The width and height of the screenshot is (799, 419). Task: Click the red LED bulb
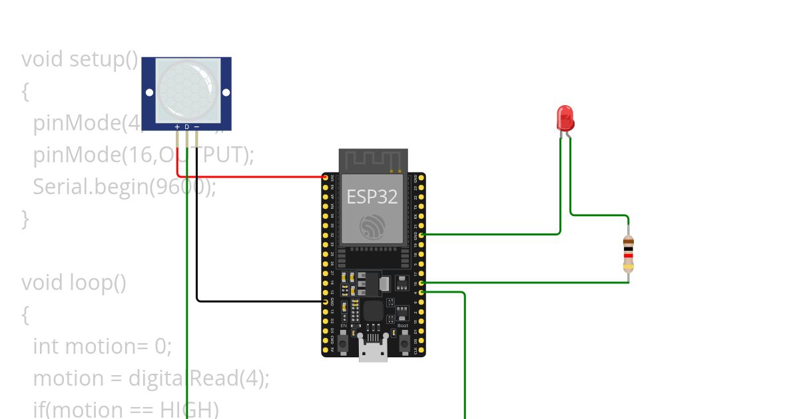pos(565,118)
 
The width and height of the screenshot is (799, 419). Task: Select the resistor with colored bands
pos(628,254)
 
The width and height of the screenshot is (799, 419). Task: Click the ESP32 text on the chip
pos(372,196)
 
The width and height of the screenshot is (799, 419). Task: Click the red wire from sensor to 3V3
pos(253,177)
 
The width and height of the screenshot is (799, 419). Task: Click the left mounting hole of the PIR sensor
pos(150,92)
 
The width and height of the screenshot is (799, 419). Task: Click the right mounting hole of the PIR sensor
pos(225,92)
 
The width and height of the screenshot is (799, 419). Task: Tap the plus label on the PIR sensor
pos(177,126)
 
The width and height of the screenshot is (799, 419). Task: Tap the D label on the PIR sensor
pos(187,126)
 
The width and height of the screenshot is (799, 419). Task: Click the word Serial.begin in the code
pos(90,187)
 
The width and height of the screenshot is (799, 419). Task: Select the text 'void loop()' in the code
pos(74,283)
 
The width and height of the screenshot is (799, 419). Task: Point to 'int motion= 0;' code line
pos(102,347)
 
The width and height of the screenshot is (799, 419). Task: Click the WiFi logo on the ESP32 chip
pos(372,227)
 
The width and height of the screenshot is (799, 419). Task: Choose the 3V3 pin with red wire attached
pos(326,178)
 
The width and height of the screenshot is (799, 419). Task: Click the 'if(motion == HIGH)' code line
pos(125,409)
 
